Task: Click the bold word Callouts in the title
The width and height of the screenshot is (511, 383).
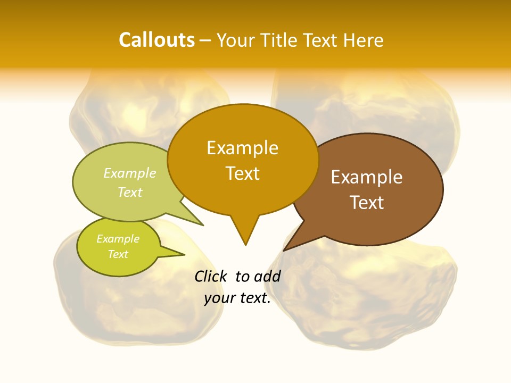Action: pos(156,40)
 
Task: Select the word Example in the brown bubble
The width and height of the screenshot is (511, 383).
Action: pos(367,177)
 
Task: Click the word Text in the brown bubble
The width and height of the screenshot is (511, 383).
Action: pos(367,203)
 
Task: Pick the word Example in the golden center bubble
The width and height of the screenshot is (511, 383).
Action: pos(242,148)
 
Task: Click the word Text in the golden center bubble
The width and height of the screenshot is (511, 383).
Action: pos(242,173)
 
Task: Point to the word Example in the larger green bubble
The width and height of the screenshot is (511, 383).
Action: pos(130,173)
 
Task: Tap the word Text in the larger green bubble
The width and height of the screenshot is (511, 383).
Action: pos(130,192)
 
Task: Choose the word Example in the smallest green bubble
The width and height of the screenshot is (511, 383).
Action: pos(118,239)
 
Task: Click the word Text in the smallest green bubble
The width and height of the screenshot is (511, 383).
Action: pos(118,254)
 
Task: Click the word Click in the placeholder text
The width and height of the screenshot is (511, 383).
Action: pos(211,276)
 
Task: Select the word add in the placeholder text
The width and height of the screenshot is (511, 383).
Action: pos(267,276)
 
